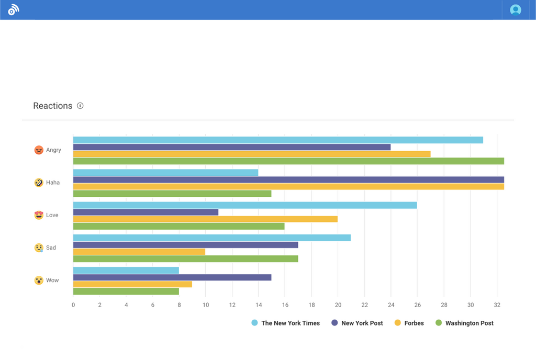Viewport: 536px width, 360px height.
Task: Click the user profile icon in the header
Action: click(x=516, y=10)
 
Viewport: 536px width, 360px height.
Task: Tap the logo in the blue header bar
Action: click(x=14, y=10)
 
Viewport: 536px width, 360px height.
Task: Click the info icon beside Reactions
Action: click(x=80, y=106)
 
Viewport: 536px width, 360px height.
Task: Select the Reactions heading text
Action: click(x=53, y=106)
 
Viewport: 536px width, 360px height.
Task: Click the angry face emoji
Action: click(x=39, y=150)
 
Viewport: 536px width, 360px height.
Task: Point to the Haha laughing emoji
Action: click(x=39, y=183)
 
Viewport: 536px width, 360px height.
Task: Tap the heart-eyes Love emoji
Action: click(x=39, y=215)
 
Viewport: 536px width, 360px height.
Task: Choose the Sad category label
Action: click(x=51, y=248)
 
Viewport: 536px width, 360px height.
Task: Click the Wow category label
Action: click(x=52, y=280)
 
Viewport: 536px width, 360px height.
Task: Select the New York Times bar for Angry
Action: click(x=278, y=140)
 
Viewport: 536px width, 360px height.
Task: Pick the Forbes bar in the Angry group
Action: click(x=252, y=154)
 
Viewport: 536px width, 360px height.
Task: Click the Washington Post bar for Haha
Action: click(x=172, y=194)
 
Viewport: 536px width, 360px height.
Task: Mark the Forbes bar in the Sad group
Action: click(x=139, y=252)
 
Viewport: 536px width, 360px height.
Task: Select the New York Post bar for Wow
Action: click(x=172, y=277)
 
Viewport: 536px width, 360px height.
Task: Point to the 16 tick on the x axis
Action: click(x=285, y=305)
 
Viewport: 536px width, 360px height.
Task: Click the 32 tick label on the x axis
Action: click(x=497, y=305)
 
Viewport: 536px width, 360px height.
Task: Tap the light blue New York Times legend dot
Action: click(x=255, y=323)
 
